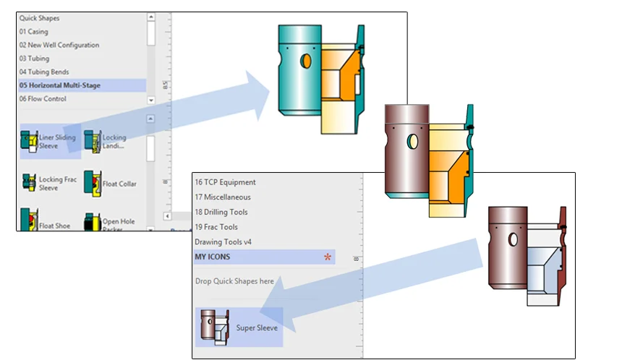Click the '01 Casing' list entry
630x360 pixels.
click(33, 32)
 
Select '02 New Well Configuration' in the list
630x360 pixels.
click(59, 45)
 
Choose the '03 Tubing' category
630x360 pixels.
click(34, 58)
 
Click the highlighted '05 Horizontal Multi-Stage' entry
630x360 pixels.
click(60, 85)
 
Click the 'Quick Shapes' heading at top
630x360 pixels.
click(40, 18)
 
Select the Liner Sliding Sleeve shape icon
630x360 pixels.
click(29, 142)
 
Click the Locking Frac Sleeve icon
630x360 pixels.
click(29, 181)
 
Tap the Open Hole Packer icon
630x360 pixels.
click(93, 222)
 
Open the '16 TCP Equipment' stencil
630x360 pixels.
click(225, 182)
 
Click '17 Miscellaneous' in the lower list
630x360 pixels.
click(223, 197)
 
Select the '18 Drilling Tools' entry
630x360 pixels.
click(221, 212)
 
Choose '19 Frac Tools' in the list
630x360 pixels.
click(216, 227)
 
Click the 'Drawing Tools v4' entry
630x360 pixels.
click(223, 241)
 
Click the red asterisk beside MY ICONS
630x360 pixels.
click(328, 257)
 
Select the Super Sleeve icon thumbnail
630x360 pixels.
click(214, 326)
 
